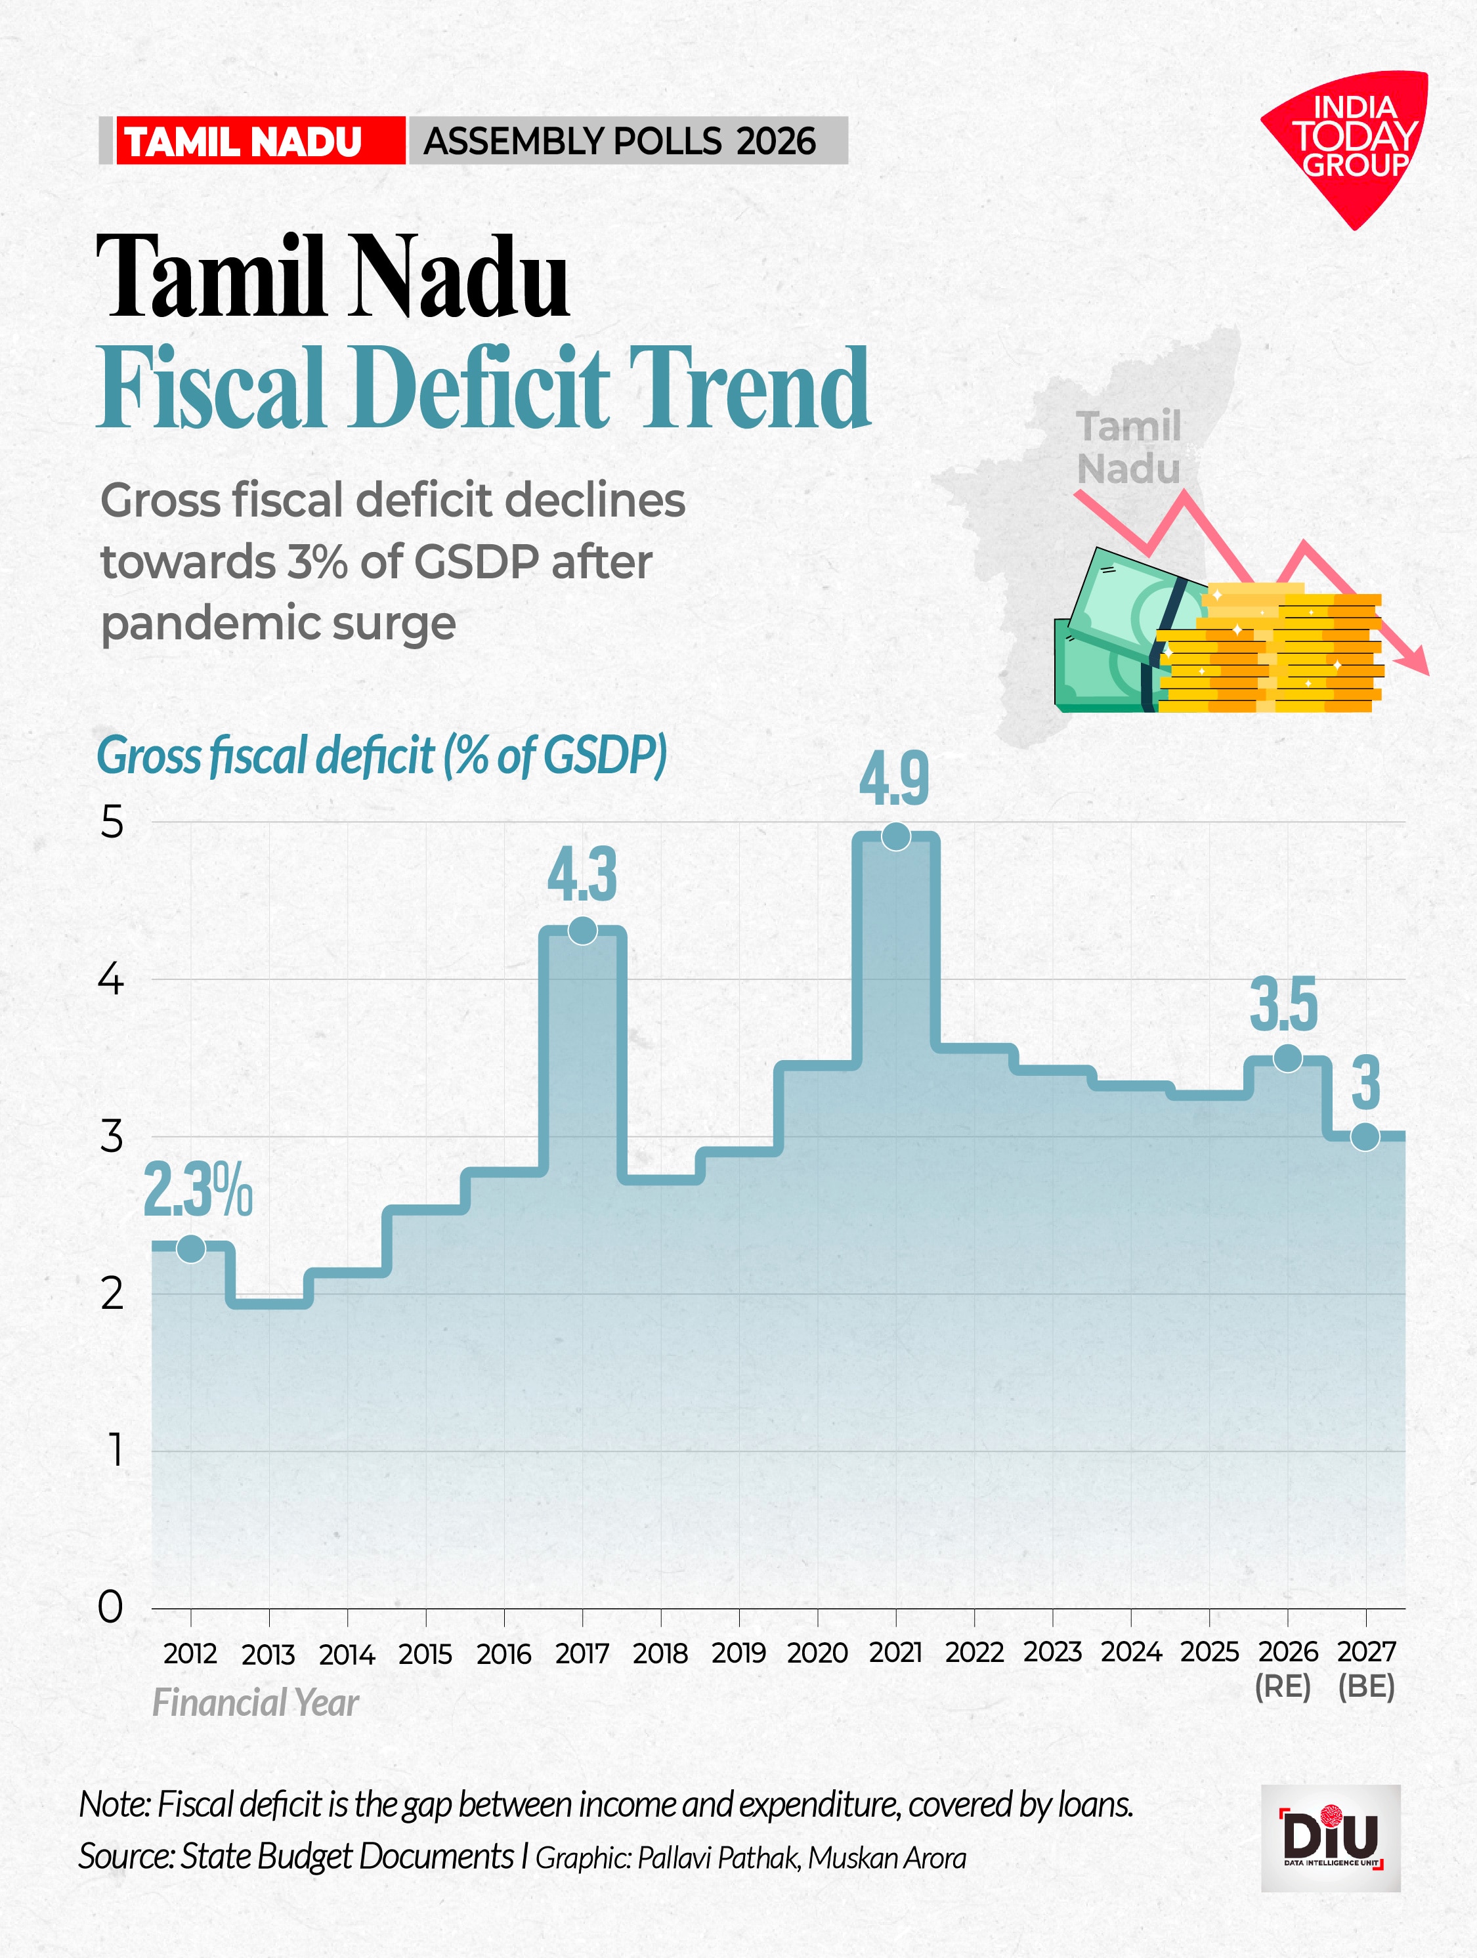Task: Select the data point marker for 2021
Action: point(896,836)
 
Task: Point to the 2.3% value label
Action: point(198,1191)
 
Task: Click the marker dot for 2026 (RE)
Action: point(1287,1058)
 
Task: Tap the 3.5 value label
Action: point(1284,1005)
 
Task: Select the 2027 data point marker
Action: point(1365,1137)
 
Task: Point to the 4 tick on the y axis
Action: point(111,980)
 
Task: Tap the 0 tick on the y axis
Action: point(111,1607)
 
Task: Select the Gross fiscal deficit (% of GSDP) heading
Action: point(381,756)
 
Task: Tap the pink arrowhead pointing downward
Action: point(1416,660)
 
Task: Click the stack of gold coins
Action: point(1269,650)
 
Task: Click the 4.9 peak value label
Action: point(894,779)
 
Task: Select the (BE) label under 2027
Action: point(1366,1687)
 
